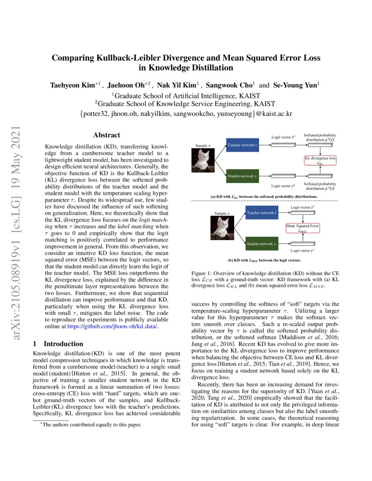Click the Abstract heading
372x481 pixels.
pyautogui.click(x=106, y=136)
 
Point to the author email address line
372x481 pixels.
pyautogui.click(x=186, y=114)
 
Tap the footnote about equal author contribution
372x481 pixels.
pyautogui.click(x=91, y=425)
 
